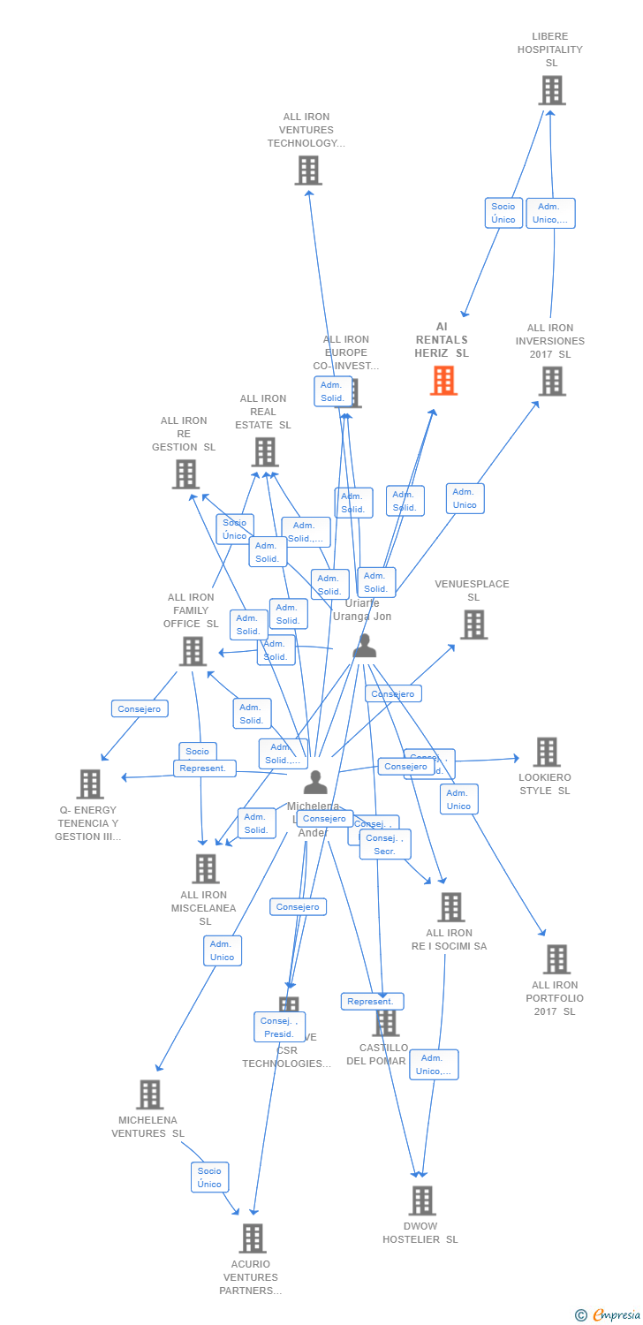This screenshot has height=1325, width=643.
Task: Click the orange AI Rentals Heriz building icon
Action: click(x=443, y=381)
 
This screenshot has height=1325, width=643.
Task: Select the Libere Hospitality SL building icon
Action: click(x=551, y=90)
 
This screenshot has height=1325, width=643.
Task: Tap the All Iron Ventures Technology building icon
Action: click(x=308, y=170)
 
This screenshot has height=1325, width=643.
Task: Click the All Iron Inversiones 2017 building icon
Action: click(x=551, y=382)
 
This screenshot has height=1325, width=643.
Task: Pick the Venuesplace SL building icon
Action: click(x=473, y=625)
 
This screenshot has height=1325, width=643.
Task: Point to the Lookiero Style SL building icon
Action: click(x=546, y=752)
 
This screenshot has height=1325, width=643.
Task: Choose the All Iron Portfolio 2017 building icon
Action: click(x=556, y=959)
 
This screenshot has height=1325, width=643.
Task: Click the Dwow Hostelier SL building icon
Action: click(x=421, y=1200)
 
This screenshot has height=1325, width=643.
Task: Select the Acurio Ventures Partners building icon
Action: click(x=252, y=1238)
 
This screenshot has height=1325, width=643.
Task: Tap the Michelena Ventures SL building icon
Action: click(x=149, y=1094)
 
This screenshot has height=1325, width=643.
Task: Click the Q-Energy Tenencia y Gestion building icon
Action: click(x=89, y=784)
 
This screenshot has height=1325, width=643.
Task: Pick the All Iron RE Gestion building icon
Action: click(x=185, y=474)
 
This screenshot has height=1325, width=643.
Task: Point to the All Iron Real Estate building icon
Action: click(x=264, y=452)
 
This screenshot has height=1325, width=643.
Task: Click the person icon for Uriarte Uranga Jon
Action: click(x=364, y=647)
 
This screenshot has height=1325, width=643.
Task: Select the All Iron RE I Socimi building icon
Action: click(x=450, y=907)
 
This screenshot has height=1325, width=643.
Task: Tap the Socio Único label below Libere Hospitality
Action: click(x=503, y=213)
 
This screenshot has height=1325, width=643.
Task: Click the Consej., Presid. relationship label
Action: click(x=279, y=1027)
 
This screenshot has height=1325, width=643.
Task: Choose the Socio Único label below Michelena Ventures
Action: click(x=210, y=1177)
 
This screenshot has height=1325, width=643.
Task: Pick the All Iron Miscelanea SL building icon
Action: click(x=205, y=868)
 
